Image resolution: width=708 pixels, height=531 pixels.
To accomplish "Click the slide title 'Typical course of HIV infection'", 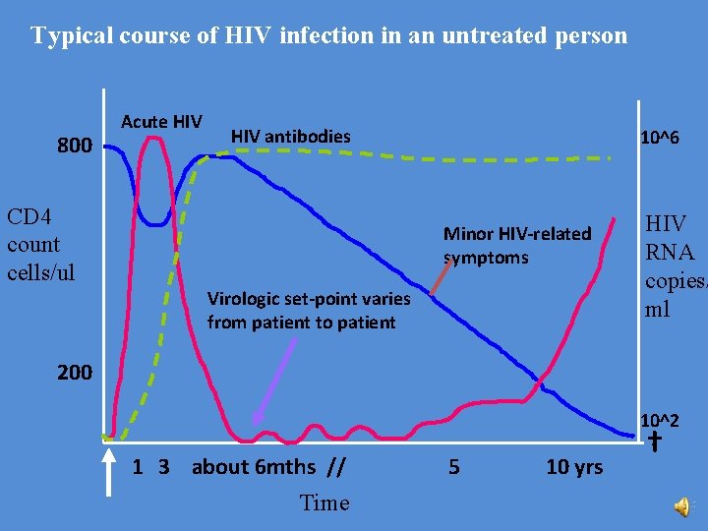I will pos(328,36).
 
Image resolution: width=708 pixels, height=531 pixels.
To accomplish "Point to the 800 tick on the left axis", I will pos(75,147).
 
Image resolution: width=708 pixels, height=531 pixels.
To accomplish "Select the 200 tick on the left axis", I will pos(75,373).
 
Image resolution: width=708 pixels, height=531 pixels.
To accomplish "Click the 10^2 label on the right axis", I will pos(659,421).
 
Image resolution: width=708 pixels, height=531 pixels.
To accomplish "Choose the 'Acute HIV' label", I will pos(161,122).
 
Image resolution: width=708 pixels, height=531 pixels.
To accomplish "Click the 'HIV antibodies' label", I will pos(290,136).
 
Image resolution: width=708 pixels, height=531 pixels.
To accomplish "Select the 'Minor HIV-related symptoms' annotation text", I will pos(517,246).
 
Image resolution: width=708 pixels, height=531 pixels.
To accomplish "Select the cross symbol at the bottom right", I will pos(655,442).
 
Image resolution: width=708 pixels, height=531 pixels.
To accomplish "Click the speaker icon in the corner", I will pos(681,506).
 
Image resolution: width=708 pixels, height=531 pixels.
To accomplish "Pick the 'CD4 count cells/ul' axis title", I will pos(33,244).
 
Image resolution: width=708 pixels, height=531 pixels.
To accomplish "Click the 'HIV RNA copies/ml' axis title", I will pos(675,266).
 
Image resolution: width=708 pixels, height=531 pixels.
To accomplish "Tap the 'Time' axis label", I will pos(324,502).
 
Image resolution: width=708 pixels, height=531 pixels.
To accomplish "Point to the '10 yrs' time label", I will pos(574,467).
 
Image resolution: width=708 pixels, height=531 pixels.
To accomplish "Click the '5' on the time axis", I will pos(453,467).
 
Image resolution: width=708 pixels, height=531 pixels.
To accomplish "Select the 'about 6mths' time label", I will pos(254,467).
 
